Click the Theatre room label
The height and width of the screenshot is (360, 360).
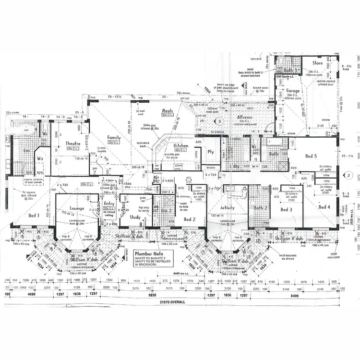(x=72, y=143)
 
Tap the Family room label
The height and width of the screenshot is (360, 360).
(x=114, y=138)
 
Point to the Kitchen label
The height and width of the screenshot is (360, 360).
(x=180, y=145)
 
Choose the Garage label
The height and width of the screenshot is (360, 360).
(x=293, y=91)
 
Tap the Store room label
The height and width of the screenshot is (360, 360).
(x=317, y=63)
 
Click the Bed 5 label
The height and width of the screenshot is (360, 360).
(x=312, y=156)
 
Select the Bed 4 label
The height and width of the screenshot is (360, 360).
(x=324, y=207)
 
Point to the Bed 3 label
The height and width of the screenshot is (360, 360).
(x=286, y=210)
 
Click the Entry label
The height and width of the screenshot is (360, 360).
(x=109, y=204)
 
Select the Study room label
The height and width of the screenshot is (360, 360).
(x=135, y=217)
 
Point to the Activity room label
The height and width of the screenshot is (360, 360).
(x=228, y=208)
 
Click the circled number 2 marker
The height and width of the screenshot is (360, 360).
(x=349, y=175)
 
